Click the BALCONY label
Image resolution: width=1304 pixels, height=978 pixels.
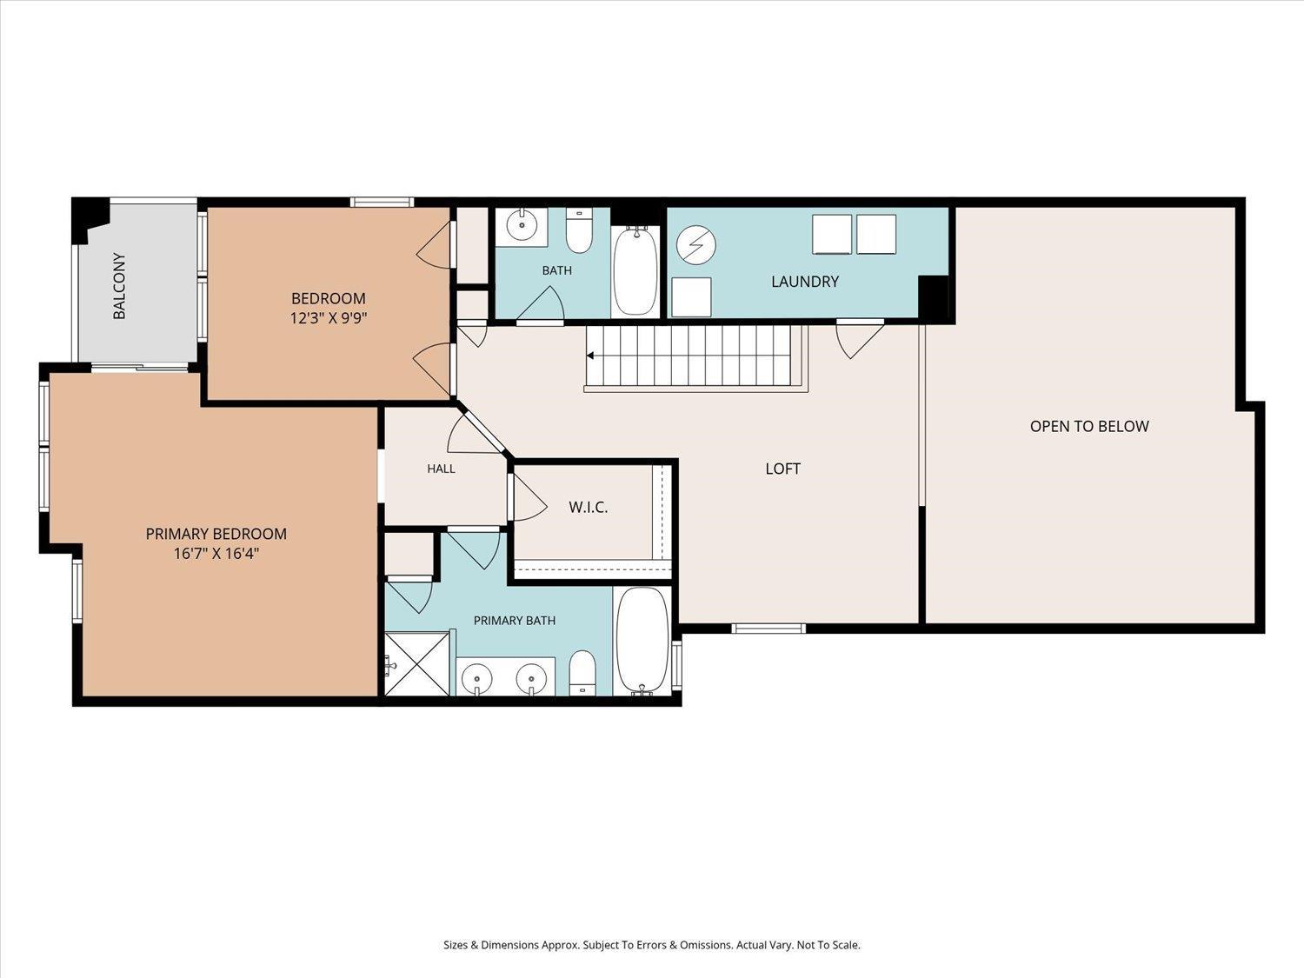pos(119,286)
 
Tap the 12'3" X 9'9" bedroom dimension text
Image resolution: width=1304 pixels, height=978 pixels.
pos(328,318)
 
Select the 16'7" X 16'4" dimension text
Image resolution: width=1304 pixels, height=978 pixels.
pos(216,554)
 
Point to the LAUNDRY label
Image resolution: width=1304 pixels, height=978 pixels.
pos(805,282)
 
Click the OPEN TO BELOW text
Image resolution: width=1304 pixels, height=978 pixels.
pos(1089,426)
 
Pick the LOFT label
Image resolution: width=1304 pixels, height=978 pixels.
pos(782,469)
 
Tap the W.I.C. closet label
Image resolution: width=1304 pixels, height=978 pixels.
pos(589,508)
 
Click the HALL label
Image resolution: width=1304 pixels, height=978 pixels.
pos(441,469)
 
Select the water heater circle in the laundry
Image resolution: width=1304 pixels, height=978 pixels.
pos(696,244)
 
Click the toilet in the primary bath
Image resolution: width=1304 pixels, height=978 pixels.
pos(582,674)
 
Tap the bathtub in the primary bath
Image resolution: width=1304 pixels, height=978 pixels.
pos(642,641)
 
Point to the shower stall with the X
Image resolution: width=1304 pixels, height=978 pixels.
pos(417,663)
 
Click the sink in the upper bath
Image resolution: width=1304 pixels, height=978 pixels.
pos(522,226)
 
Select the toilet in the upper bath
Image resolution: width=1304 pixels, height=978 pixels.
pos(579,230)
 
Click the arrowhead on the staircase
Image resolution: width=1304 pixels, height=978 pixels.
pos(590,356)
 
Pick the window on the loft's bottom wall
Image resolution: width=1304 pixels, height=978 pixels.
pos(768,629)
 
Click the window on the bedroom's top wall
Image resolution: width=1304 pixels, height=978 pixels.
pos(382,202)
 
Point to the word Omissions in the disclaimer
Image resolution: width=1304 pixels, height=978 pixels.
pos(708,945)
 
